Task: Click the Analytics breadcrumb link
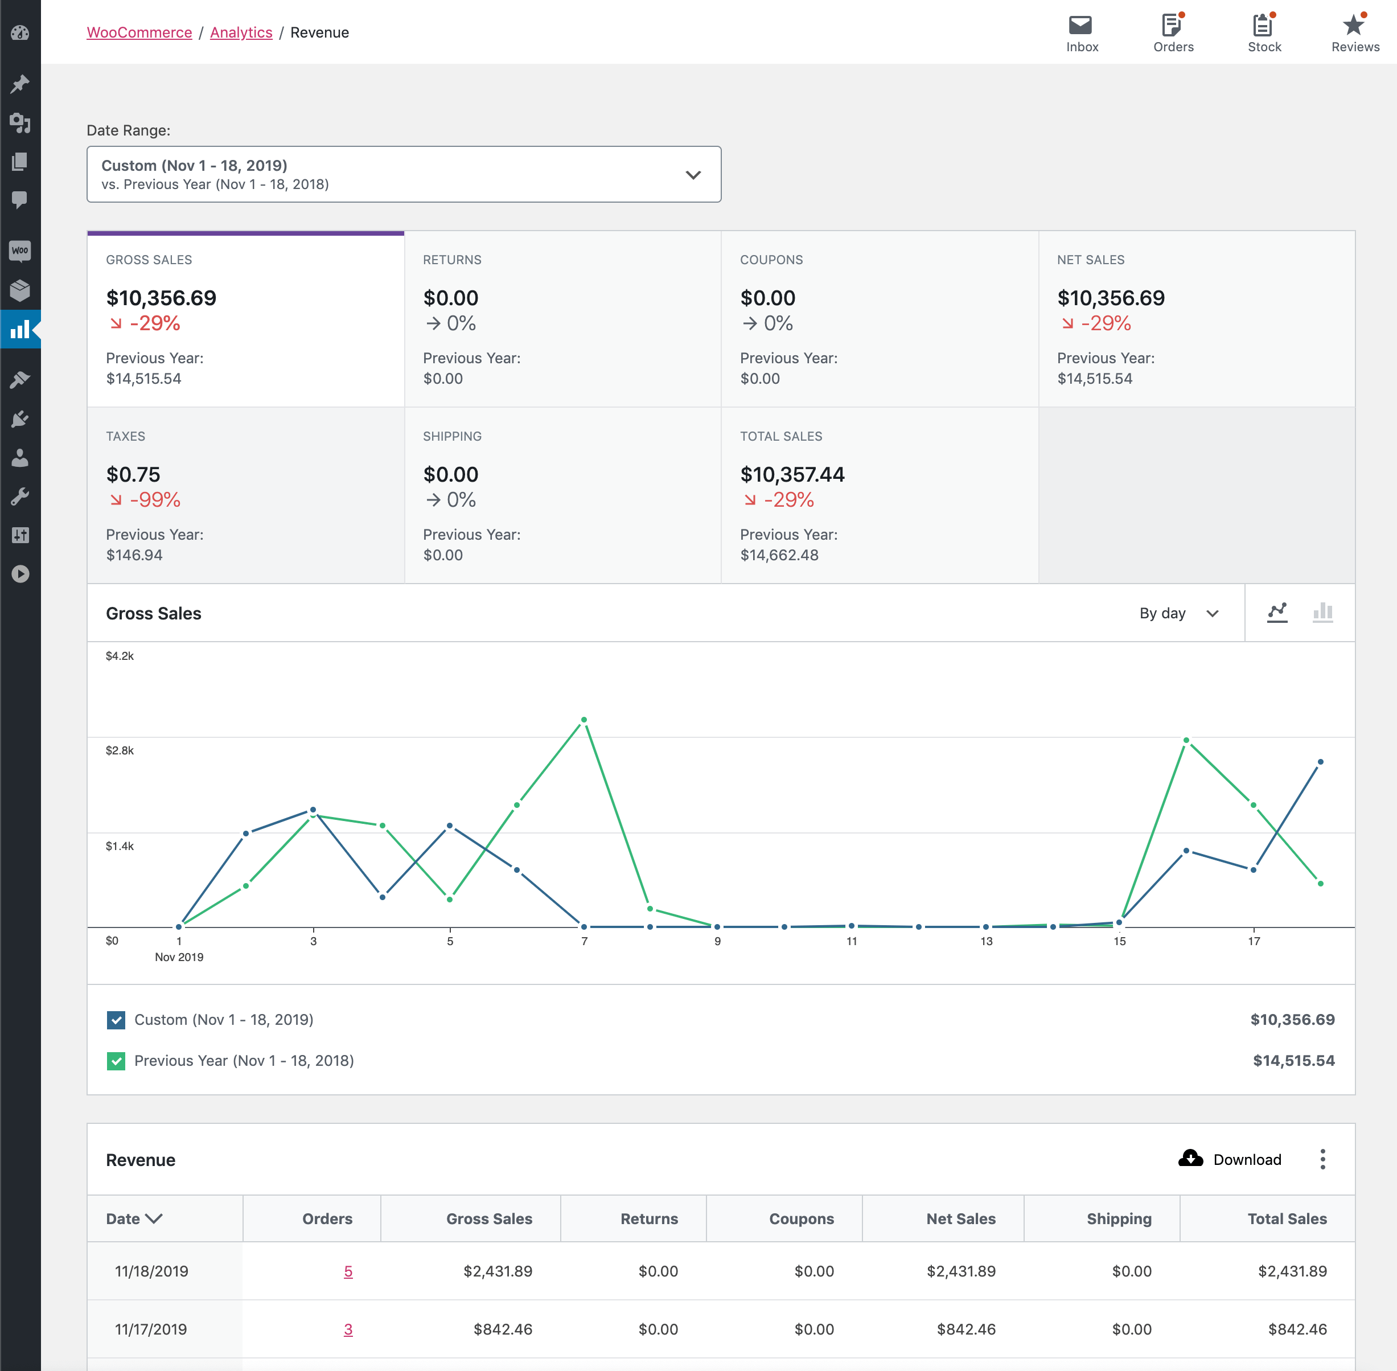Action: point(241,32)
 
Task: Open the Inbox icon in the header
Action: point(1080,26)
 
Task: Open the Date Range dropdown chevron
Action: point(693,175)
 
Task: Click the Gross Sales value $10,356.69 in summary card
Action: point(161,298)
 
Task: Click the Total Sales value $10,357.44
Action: point(792,474)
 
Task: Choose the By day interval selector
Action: point(1178,614)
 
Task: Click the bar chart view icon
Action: point(1322,613)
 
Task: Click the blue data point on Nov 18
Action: point(1320,762)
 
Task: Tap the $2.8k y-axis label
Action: point(120,750)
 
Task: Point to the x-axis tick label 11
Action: point(851,941)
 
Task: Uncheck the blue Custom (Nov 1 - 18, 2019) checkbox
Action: point(116,1020)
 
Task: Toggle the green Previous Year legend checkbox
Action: point(116,1061)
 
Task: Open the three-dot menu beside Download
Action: point(1322,1159)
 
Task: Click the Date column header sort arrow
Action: point(154,1218)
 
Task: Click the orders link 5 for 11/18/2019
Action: point(348,1271)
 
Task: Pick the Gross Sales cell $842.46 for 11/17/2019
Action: point(503,1329)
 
